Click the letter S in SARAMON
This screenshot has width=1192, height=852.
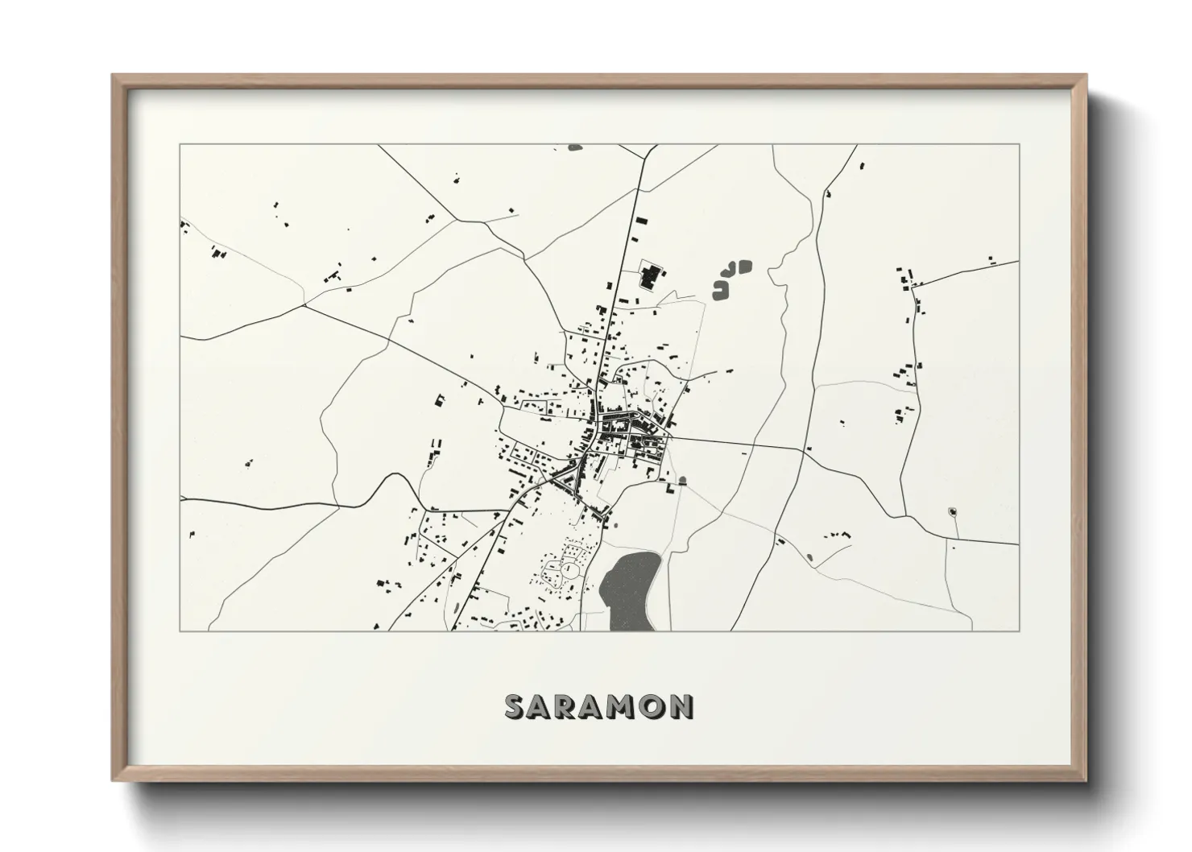[515, 707]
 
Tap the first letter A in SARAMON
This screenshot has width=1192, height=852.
[542, 707]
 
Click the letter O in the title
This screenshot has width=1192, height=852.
[654, 707]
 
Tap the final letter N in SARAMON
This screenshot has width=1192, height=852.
[681, 707]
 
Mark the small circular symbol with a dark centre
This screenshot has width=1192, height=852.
[952, 511]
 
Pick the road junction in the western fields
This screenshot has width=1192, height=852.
[304, 306]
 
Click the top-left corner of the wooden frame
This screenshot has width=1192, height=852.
[114, 77]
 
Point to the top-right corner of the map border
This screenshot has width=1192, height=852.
[1019, 145]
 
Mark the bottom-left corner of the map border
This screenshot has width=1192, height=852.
[180, 631]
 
